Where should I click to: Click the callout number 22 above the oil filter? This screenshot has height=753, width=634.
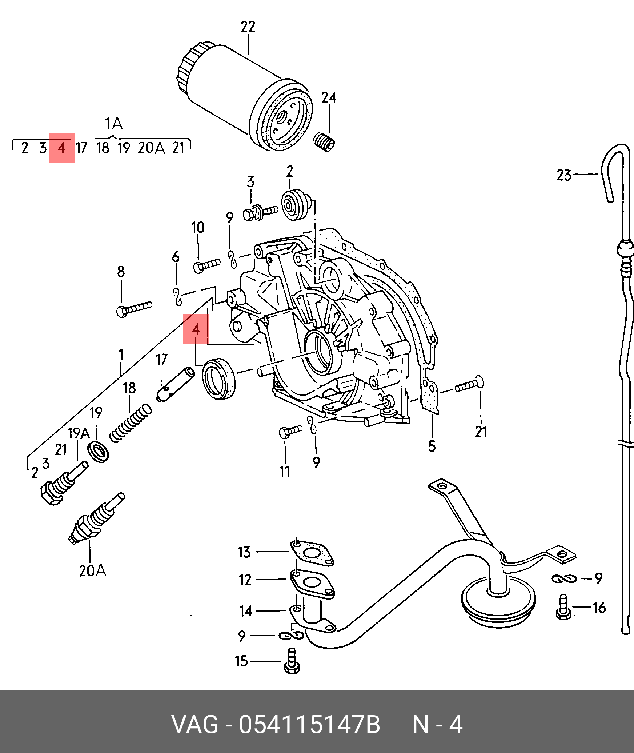point(248,27)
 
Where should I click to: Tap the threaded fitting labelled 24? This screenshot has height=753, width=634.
point(324,142)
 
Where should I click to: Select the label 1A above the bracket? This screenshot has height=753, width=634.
point(113,124)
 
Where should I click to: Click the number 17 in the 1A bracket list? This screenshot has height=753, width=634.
point(81,148)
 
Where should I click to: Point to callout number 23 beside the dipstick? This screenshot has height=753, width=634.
point(564,175)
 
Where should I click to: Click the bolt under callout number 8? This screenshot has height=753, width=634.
point(134,309)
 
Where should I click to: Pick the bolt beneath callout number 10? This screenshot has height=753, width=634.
point(206,265)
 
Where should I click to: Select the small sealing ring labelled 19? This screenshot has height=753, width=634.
point(98,452)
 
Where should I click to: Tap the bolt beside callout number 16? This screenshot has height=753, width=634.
point(563,608)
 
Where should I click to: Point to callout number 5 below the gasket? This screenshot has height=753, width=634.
point(432,446)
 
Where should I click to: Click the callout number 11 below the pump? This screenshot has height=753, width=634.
point(285,472)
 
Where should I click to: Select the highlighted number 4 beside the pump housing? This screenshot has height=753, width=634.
point(196,329)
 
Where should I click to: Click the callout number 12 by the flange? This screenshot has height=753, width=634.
point(245,580)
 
